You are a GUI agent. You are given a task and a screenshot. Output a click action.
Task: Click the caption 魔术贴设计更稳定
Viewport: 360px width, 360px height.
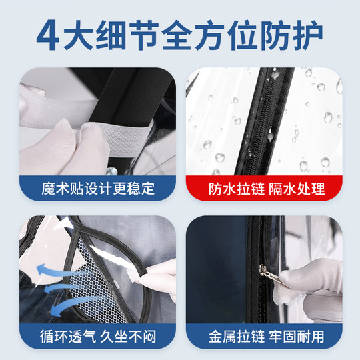(x=97, y=189)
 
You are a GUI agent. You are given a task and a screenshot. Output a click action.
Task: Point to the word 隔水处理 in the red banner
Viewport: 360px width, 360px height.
(x=297, y=189)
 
